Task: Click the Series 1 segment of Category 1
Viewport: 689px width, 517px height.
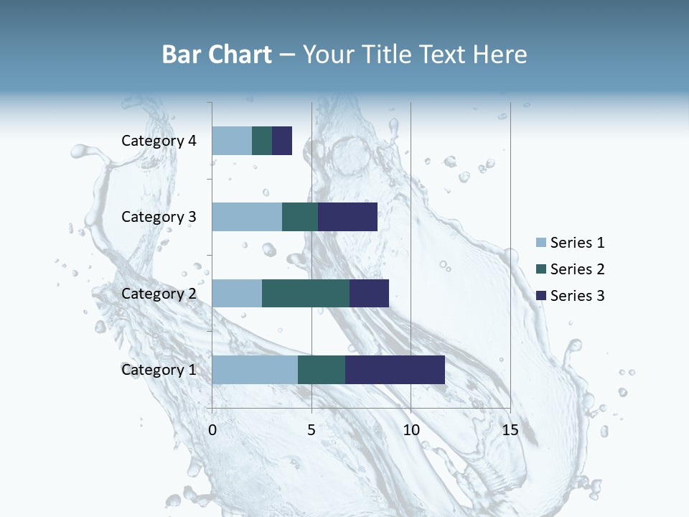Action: pyautogui.click(x=255, y=370)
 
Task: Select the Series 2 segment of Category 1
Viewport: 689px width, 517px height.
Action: pyautogui.click(x=322, y=370)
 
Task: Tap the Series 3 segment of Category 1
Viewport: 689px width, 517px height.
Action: pyautogui.click(x=395, y=370)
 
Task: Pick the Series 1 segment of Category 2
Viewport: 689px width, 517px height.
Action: pyautogui.click(x=237, y=293)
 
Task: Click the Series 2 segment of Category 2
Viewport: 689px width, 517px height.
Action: pyautogui.click(x=306, y=293)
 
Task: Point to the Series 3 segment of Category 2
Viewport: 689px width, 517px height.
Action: pyautogui.click(x=369, y=293)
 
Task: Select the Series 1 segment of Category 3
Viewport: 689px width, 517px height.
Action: pyautogui.click(x=247, y=217)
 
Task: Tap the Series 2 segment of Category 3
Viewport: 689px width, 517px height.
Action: pyautogui.click(x=300, y=217)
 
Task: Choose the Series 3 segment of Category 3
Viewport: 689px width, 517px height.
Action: pyautogui.click(x=347, y=217)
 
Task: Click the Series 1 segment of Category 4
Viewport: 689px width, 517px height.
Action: pyautogui.click(x=232, y=141)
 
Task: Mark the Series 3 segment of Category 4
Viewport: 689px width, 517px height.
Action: pyautogui.click(x=282, y=141)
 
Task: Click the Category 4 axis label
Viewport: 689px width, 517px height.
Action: pyautogui.click(x=159, y=141)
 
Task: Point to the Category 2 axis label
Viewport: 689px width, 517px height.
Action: pyautogui.click(x=159, y=293)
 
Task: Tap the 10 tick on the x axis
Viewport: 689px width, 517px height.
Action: pyautogui.click(x=411, y=430)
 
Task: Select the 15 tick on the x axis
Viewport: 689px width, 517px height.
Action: pyautogui.click(x=510, y=430)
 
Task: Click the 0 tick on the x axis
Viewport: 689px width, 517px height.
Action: pyautogui.click(x=212, y=430)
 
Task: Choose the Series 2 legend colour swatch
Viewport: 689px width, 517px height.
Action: pyautogui.click(x=540, y=269)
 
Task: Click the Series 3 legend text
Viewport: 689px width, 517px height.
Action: pyautogui.click(x=577, y=295)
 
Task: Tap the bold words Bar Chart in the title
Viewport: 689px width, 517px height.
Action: pyautogui.click(x=217, y=55)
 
